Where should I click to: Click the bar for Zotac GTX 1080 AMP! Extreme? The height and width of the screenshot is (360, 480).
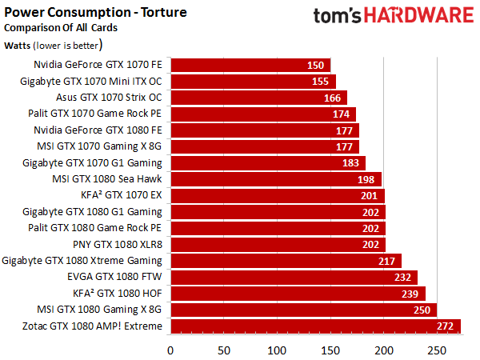316,326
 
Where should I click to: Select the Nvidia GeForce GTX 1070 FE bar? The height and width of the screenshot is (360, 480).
250,66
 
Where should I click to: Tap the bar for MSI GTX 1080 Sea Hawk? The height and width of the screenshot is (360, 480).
276,179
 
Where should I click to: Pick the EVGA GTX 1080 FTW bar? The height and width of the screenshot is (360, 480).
294,278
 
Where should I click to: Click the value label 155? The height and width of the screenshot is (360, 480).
320,82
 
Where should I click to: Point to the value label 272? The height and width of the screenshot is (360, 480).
445,326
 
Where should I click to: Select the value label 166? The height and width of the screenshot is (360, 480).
333,98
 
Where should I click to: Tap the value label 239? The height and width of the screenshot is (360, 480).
410,294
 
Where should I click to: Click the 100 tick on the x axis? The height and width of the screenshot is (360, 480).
277,350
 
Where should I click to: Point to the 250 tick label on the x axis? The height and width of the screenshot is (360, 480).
437,350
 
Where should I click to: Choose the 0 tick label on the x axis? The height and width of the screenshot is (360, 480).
170,350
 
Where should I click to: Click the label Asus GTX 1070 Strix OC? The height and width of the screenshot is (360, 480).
109,98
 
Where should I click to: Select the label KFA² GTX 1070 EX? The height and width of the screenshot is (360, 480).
122,195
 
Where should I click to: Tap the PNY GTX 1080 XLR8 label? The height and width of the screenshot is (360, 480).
118,244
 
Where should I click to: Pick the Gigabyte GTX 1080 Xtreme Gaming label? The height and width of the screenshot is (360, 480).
82,261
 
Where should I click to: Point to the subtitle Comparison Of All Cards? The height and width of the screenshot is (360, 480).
61,28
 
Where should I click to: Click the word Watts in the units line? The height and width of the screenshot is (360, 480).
17,46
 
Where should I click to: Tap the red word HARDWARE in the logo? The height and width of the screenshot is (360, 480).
418,15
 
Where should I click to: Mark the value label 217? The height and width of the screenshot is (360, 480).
386,261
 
